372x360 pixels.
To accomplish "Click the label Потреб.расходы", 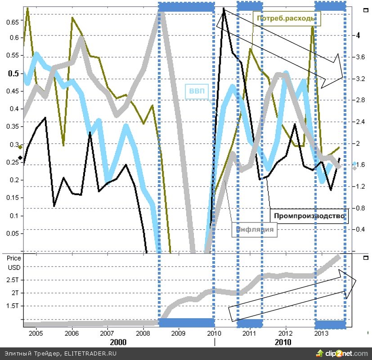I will [285, 18].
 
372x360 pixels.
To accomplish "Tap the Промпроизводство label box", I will [309, 216].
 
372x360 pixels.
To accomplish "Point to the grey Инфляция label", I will [255, 229].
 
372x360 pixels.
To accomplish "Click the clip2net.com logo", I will [342, 353].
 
